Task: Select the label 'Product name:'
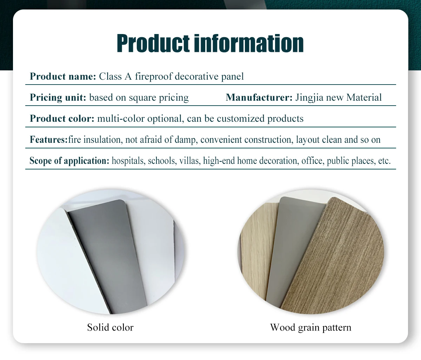[x=63, y=76]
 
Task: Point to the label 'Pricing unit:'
[x=58, y=98]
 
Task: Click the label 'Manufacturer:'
[x=259, y=98]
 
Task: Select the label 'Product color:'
[x=62, y=119]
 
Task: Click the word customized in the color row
[x=241, y=119]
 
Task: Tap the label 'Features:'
[x=48, y=140]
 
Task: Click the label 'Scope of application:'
[x=69, y=161]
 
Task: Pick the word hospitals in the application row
[x=128, y=161]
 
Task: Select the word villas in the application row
[x=189, y=161]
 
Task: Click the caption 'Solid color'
[x=110, y=327]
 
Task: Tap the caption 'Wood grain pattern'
[x=310, y=327]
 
